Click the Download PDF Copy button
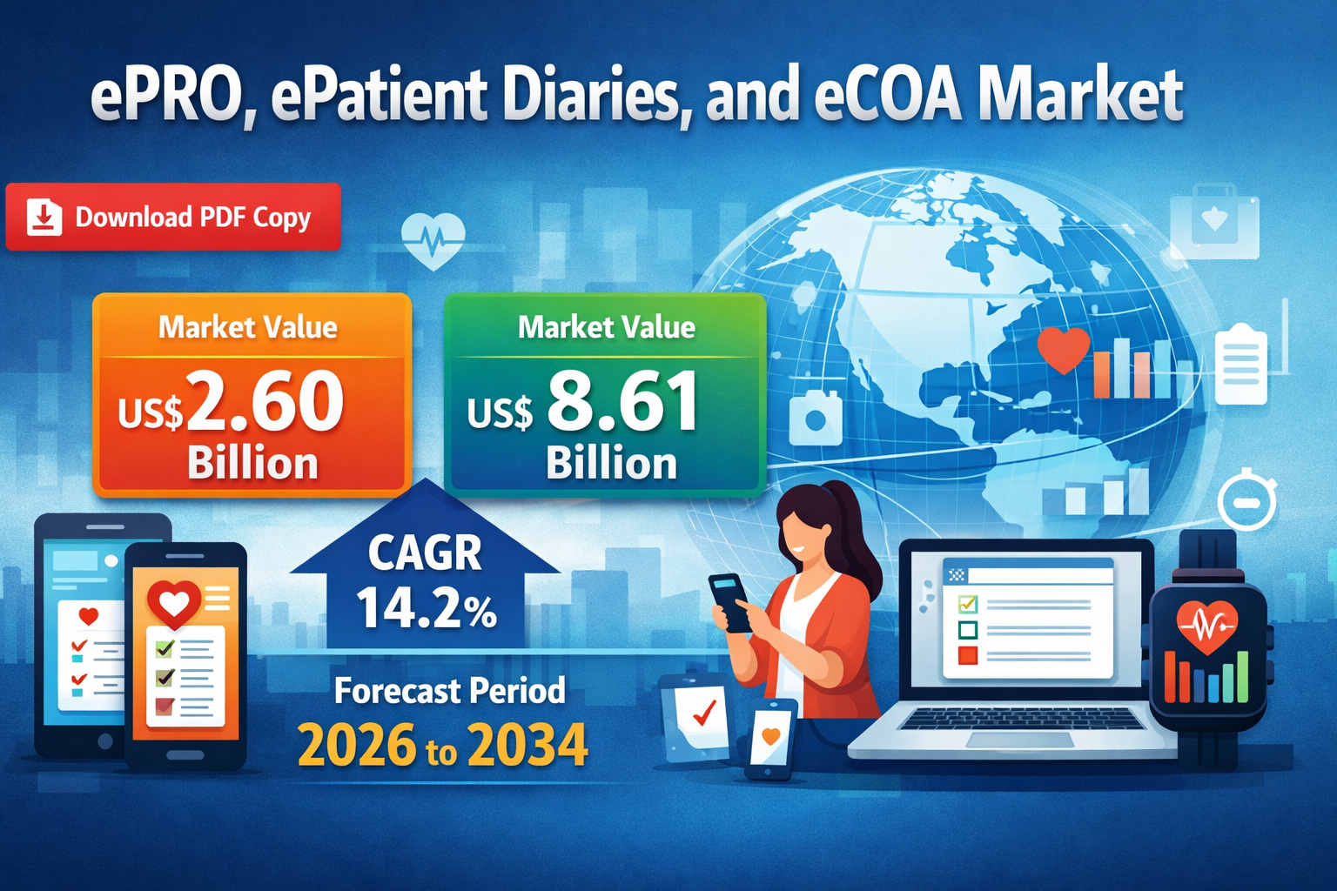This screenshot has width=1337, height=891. (173, 217)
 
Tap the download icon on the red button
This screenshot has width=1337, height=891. (44, 218)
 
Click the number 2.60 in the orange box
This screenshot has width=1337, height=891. (265, 400)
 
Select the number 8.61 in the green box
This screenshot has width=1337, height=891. (622, 400)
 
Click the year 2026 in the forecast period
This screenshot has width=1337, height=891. (356, 744)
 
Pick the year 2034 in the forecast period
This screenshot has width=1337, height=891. (527, 744)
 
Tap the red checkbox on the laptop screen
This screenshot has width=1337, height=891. (968, 655)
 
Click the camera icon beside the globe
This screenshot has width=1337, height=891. (816, 418)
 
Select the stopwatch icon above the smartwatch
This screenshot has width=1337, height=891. (1246, 500)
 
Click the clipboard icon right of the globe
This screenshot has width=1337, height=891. (1241, 363)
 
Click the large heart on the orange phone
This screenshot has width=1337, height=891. (174, 604)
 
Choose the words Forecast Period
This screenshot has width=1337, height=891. (449, 691)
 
